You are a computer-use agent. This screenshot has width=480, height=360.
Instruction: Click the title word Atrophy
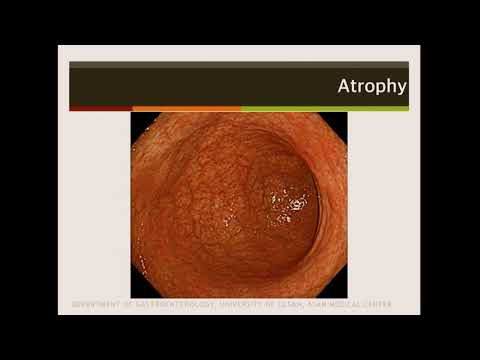[x=371, y=86]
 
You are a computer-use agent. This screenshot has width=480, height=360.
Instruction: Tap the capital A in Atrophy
[x=343, y=86]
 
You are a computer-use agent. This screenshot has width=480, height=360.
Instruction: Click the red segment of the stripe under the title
[x=100, y=108]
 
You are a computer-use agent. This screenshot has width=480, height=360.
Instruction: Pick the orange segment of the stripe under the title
[x=186, y=108]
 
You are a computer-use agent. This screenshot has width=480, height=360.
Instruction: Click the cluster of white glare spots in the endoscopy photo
[x=293, y=206]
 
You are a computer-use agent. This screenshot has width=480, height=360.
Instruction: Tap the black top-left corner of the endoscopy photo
[x=137, y=118]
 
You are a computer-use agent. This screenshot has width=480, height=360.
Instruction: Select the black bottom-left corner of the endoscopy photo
[x=137, y=292]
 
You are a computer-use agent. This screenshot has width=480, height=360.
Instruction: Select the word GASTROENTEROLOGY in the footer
[x=171, y=304]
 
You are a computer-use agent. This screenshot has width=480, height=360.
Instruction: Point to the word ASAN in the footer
[x=327, y=304]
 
